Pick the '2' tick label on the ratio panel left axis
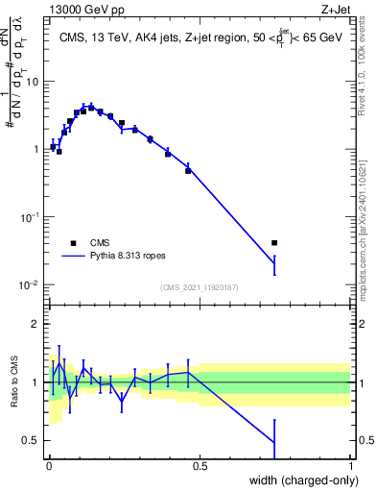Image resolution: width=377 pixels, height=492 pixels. point(36,324)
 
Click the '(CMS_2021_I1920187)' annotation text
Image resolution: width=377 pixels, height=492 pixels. point(199,287)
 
